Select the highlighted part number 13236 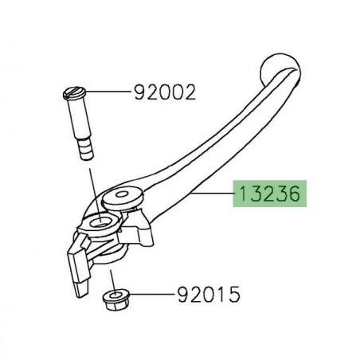(268, 194)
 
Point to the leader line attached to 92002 (112, 93)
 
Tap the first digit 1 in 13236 (238, 194)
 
